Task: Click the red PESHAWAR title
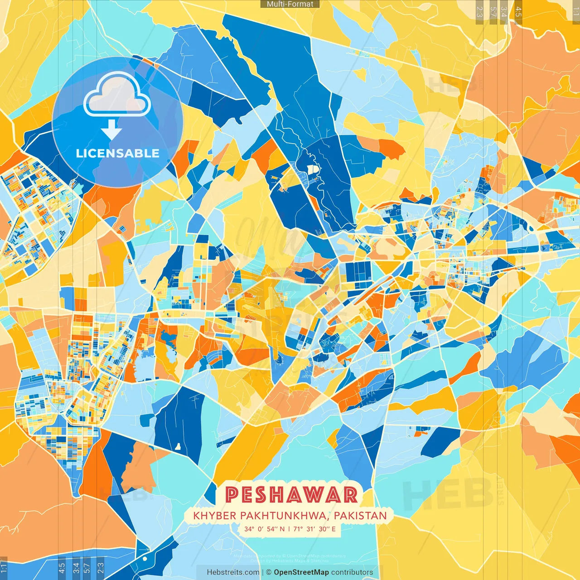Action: (x=291, y=494)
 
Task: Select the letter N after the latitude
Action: (x=282, y=529)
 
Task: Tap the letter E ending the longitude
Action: (x=333, y=529)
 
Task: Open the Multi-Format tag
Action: (x=290, y=4)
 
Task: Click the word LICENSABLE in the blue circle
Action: (x=117, y=153)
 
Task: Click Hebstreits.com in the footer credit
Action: (x=233, y=572)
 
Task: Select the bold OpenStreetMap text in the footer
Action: (x=301, y=572)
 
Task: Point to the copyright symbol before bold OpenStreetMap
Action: (x=269, y=572)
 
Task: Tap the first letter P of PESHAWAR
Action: (x=232, y=494)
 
